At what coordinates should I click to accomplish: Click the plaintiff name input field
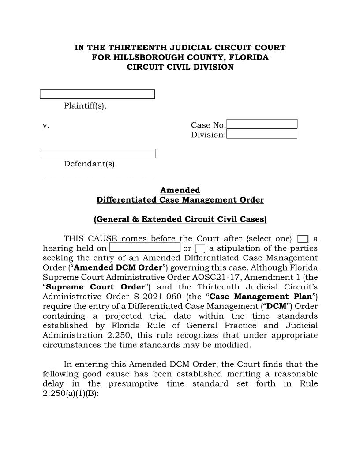pos(97,94)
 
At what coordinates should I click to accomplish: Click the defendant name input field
pos(98,154)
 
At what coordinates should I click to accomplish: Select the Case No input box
pos(262,124)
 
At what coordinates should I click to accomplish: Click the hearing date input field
pos(145,247)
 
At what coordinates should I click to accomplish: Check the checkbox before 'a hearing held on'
pos(303,239)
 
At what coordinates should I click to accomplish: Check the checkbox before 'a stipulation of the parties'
pos(200,248)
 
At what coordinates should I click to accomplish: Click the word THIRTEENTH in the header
pos(138,48)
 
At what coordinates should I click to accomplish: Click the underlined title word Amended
pos(180,190)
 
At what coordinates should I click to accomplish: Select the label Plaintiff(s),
pos(85,106)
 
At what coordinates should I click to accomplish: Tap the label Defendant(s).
pos(90,164)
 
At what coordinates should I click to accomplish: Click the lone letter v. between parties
pos(46,126)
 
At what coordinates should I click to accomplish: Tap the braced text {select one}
pos(270,239)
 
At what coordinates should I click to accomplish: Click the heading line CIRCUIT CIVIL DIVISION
pos(180,67)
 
